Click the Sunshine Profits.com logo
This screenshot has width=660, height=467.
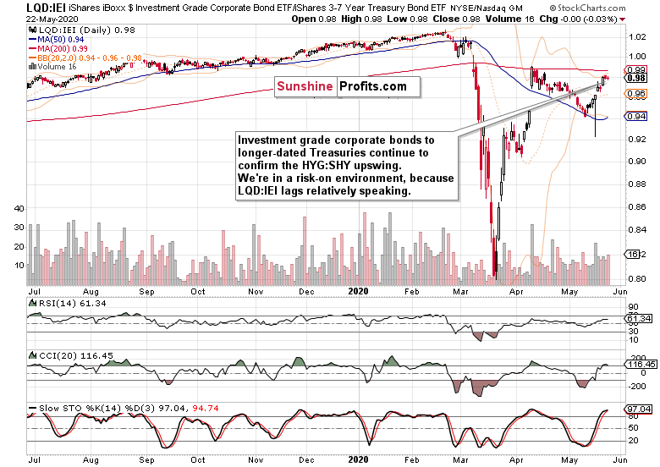click(341, 86)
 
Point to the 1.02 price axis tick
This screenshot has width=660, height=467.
click(635, 37)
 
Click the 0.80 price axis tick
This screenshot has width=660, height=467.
click(635, 278)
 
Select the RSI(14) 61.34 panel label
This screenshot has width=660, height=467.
click(58, 301)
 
